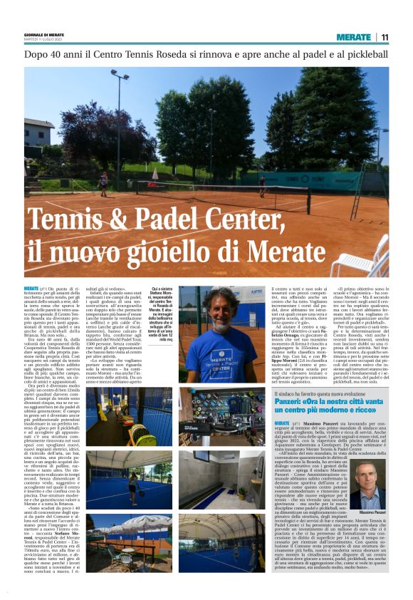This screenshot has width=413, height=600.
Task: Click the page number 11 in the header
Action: [385, 37]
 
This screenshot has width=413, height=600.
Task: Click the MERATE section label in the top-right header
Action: [354, 37]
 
